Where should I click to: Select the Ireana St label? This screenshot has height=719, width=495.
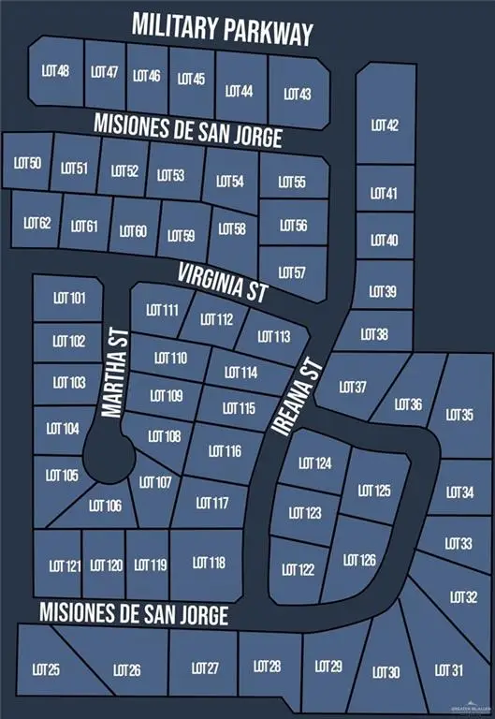pyautogui.click(x=296, y=396)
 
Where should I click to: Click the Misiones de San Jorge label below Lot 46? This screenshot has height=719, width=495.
pyautogui.click(x=187, y=129)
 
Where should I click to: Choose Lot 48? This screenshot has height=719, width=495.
pyautogui.click(x=56, y=71)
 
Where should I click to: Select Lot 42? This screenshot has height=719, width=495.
pyautogui.click(x=385, y=125)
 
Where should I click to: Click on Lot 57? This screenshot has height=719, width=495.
pyautogui.click(x=292, y=272)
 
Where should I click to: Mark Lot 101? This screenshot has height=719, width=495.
pyautogui.click(x=69, y=299)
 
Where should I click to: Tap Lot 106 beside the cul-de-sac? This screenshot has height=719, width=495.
pyautogui.click(x=105, y=506)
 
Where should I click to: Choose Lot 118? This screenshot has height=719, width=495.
pyautogui.click(x=209, y=563)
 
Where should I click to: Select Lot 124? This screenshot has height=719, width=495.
pyautogui.click(x=315, y=463)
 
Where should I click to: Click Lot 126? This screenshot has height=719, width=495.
pyautogui.click(x=359, y=561)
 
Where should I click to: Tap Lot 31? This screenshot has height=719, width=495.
pyautogui.click(x=449, y=669)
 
